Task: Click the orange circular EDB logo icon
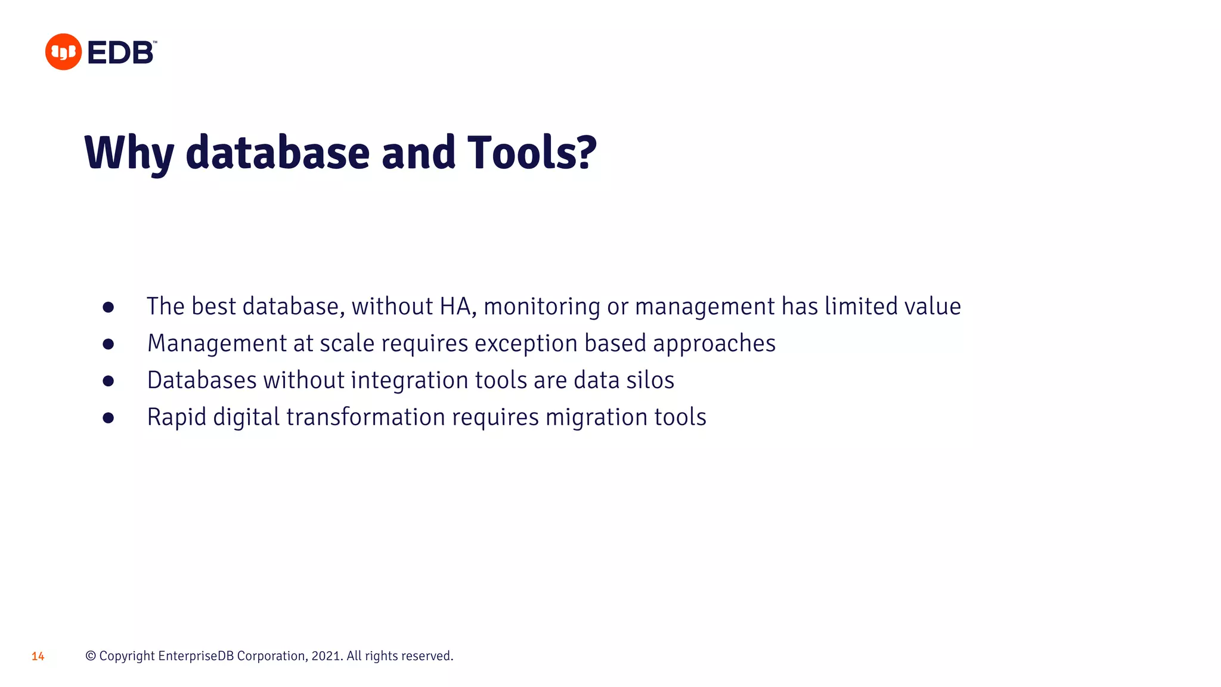(63, 52)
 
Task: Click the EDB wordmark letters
(120, 52)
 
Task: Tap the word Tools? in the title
(531, 153)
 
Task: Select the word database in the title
(278, 153)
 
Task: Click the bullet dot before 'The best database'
(108, 307)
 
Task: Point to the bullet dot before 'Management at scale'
(108, 344)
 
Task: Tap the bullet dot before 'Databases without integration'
(108, 381)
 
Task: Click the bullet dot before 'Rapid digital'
(108, 418)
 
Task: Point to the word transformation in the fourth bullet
(365, 417)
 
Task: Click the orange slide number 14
(38, 657)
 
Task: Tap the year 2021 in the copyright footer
(326, 656)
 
